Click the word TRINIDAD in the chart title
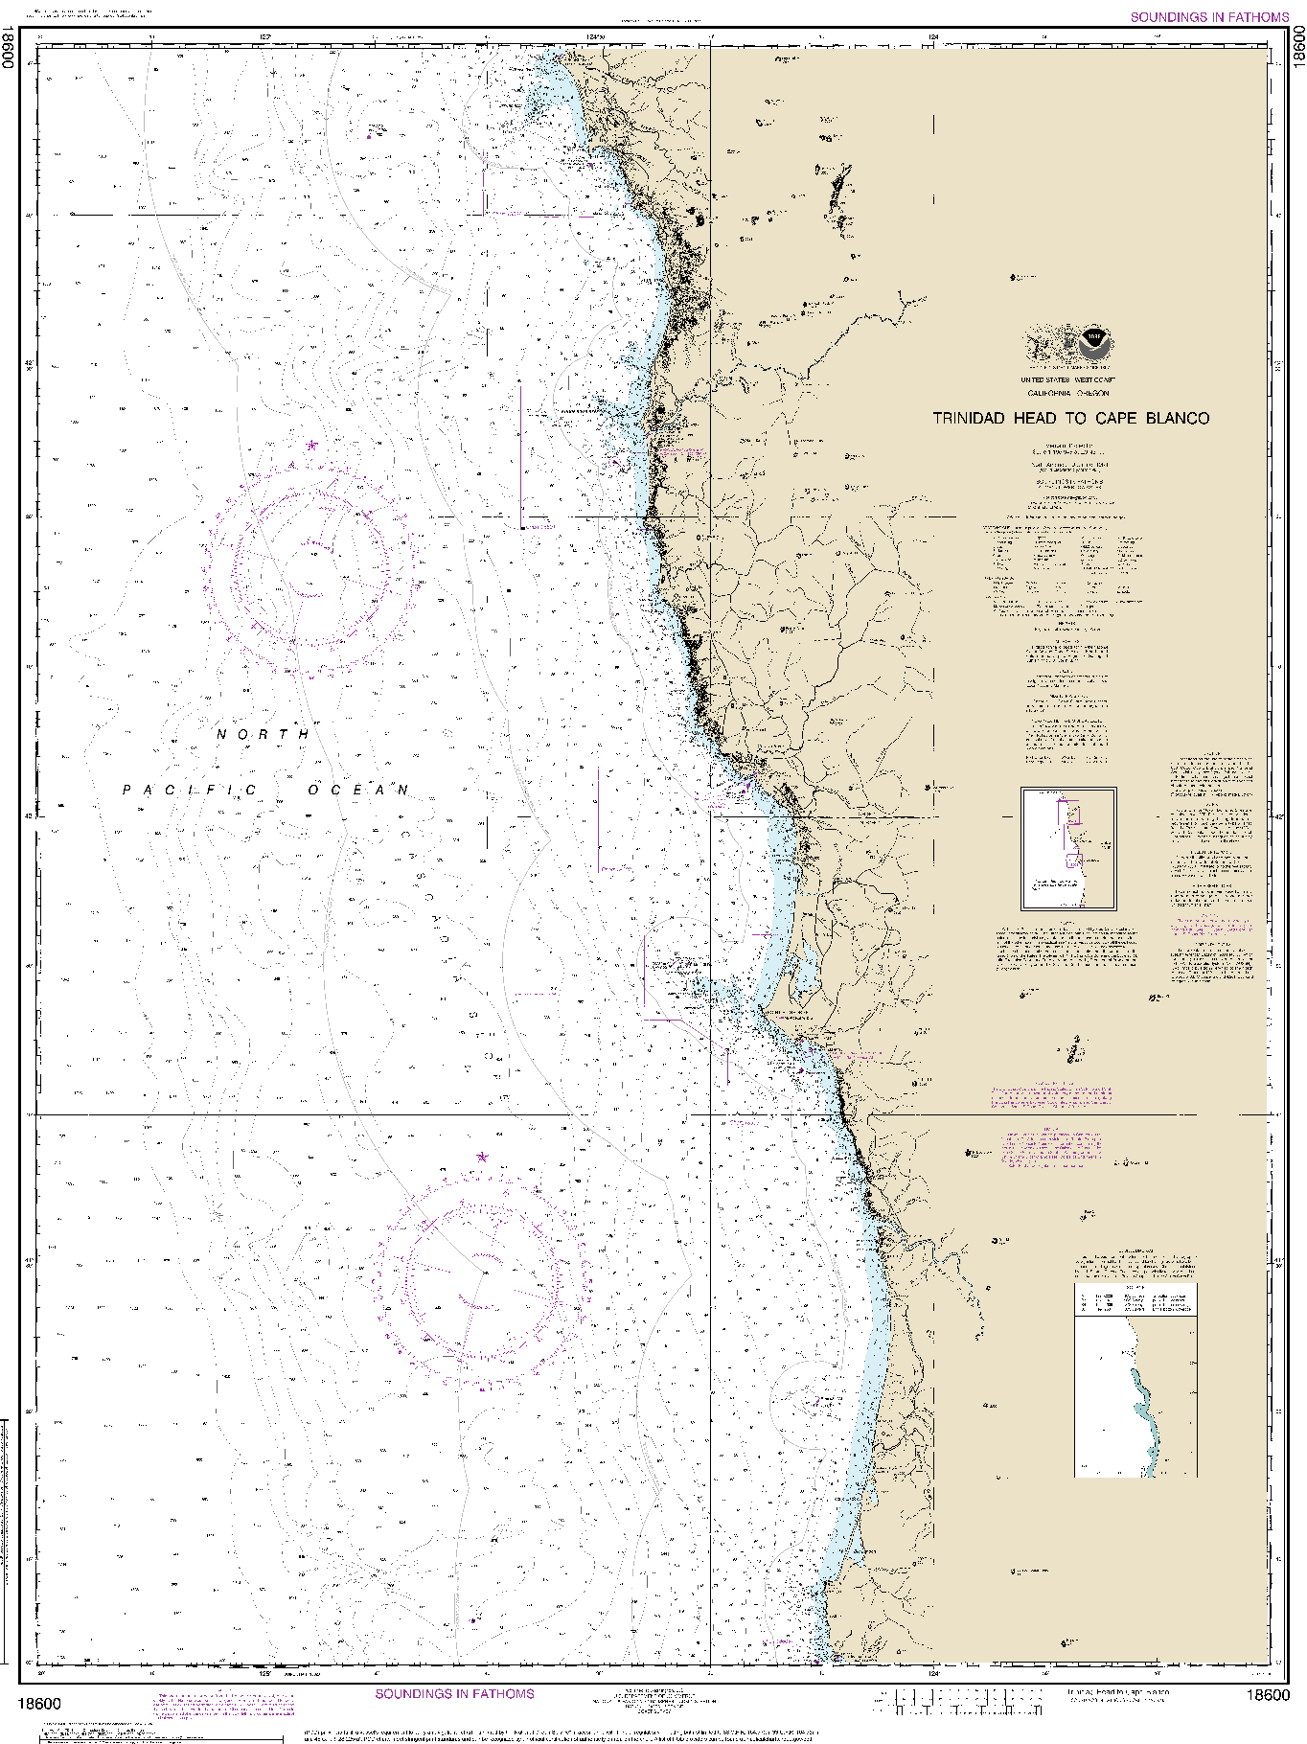[x=969, y=419]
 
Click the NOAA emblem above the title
[x=1093, y=343]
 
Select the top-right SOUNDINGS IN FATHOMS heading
[x=1209, y=17]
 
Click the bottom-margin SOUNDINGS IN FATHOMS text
[x=454, y=1694]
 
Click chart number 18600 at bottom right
[x=1267, y=1695]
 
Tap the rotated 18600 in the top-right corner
[x=1297, y=46]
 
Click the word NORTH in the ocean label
[x=264, y=734]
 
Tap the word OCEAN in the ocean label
[x=358, y=790]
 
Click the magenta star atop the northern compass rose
[x=312, y=446]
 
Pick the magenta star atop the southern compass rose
[x=482, y=1158]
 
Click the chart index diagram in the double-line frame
[x=1068, y=849]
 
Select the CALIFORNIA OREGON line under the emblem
[x=1067, y=393]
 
